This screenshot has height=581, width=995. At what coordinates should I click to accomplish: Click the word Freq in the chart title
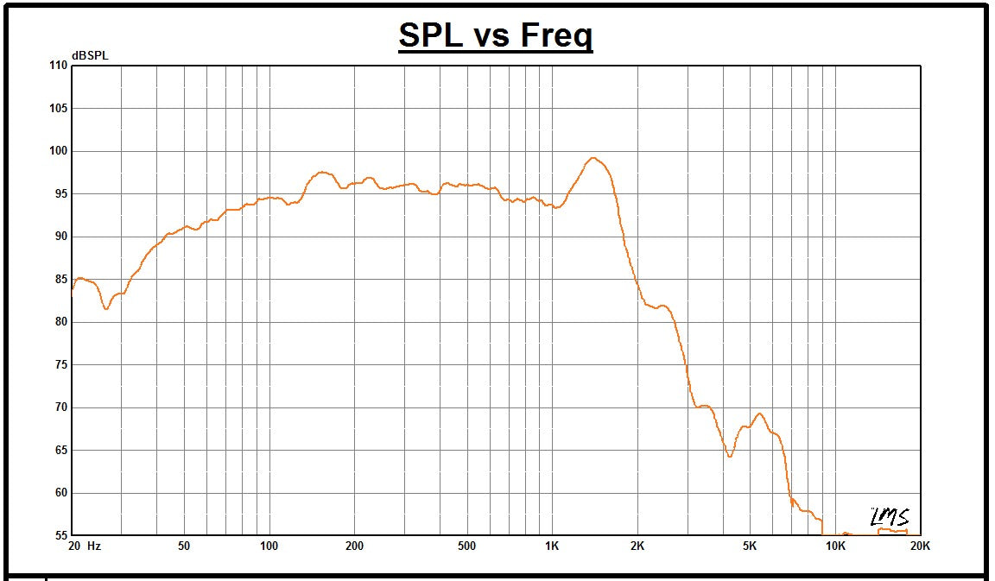(557, 35)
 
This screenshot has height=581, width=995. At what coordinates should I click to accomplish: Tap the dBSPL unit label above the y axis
(90, 56)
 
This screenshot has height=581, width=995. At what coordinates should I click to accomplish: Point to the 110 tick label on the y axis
(58, 66)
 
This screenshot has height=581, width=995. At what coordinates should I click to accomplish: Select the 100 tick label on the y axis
(58, 151)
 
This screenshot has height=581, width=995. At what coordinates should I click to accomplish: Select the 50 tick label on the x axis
(184, 546)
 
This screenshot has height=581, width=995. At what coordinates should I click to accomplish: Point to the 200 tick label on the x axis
(354, 546)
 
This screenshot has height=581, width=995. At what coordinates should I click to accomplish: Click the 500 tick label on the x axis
(466, 546)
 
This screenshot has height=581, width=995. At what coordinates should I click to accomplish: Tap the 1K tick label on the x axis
(552, 546)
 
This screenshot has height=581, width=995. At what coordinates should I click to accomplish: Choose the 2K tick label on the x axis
(637, 546)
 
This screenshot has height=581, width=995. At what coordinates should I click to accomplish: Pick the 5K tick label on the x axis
(750, 546)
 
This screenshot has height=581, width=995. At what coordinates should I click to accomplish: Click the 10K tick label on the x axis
(835, 546)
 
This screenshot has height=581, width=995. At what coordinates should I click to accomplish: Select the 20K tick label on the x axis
(920, 546)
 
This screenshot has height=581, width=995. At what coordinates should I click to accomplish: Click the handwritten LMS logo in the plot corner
(889, 516)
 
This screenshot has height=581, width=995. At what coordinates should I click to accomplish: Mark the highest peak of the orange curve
(593, 158)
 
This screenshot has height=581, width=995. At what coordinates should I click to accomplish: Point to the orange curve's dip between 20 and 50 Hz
(106, 308)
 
